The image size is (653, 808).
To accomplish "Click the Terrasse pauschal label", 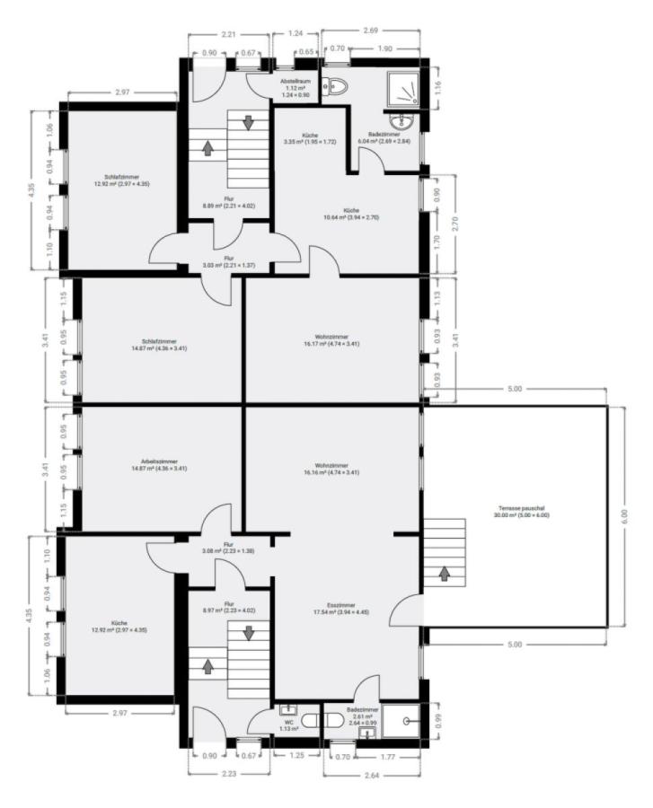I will (521, 511).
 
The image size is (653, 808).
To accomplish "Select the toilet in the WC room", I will (310, 720).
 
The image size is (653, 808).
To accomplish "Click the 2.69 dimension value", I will (370, 31).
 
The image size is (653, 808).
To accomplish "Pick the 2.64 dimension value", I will (369, 777).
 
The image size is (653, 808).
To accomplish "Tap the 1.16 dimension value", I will (437, 87).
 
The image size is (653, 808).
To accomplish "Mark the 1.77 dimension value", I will (388, 757).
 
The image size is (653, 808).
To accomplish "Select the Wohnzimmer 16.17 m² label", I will (332, 339).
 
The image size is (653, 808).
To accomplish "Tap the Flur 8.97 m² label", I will (229, 609).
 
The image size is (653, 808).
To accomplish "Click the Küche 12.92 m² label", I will (120, 626).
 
